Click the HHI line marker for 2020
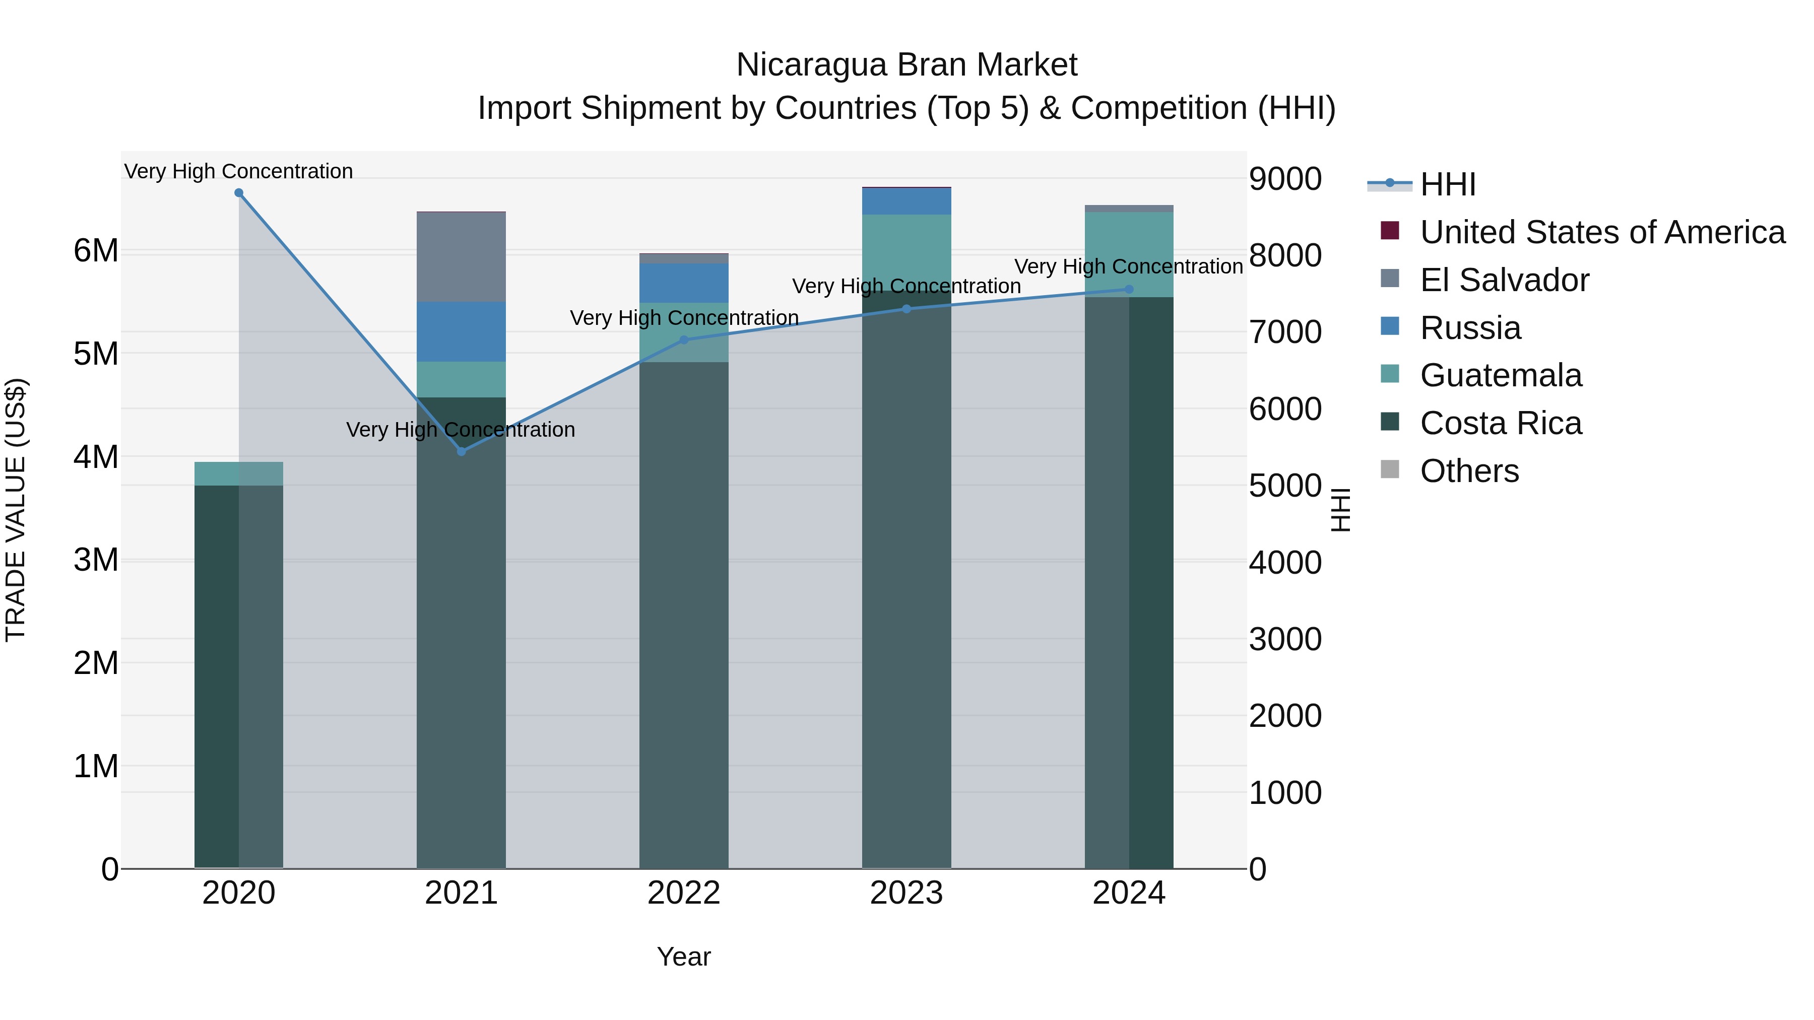click(x=239, y=193)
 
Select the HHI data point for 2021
click(x=461, y=451)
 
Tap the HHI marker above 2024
click(x=1129, y=289)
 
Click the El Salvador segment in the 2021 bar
click(x=461, y=257)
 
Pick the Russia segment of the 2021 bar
click(x=461, y=331)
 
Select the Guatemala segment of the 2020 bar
click(x=239, y=474)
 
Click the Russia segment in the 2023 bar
click(x=906, y=201)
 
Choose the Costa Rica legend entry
click(x=1501, y=423)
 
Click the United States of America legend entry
click(x=1602, y=232)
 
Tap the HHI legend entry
click(x=1447, y=184)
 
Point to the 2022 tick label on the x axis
click(x=684, y=893)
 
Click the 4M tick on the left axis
click(x=96, y=457)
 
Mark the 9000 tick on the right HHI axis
click(x=1285, y=179)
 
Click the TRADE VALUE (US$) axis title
click(x=16, y=510)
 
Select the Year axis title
click(x=684, y=957)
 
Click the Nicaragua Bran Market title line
click(x=906, y=65)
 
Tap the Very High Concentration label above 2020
click(x=239, y=171)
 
